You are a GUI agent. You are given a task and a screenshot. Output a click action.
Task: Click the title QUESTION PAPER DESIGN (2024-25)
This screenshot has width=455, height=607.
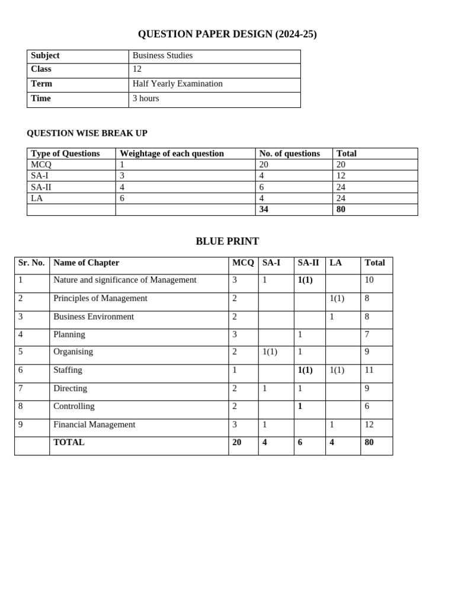pos(227,34)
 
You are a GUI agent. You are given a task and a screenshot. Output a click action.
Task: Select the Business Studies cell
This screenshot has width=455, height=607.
pos(162,56)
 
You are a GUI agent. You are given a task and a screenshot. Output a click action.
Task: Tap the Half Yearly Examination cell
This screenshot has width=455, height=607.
pos(177,84)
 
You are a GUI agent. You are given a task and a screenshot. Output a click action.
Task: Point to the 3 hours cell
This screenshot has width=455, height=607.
pos(146,98)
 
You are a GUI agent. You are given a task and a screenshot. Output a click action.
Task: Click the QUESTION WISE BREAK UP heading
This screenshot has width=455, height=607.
pos(87,133)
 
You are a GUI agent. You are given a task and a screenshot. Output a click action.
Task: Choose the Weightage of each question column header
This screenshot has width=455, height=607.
pos(172,154)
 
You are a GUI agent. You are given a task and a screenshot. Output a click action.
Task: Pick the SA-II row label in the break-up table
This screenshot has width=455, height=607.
pos(41,187)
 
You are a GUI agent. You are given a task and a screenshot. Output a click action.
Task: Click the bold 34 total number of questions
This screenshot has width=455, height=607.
pos(264,209)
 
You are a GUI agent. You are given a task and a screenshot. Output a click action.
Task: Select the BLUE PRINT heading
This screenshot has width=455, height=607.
pos(227,241)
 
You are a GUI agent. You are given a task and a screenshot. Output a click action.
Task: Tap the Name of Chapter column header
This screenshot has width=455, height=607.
pos(86,263)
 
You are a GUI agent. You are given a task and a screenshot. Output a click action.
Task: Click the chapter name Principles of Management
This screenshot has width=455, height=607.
pos(100,298)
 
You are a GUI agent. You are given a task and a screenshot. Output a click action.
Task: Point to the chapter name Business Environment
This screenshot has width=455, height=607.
pos(94,317)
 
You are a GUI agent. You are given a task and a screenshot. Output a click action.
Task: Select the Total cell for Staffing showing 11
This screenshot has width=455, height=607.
pos(369,370)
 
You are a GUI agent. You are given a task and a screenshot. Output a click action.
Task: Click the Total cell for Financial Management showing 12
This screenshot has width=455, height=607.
pos(369,424)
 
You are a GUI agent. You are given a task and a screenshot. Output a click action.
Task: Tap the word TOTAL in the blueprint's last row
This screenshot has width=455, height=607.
pos(69,442)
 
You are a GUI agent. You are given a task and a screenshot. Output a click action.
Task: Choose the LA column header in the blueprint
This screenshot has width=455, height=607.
pos(336,263)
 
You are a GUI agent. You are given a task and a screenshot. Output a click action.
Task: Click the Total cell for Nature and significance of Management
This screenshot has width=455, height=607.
pos(369,280)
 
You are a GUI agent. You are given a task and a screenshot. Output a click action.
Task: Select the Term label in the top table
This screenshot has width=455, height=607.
pos(41,84)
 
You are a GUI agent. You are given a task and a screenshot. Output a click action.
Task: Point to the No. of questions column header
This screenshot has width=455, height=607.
pos(290,154)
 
